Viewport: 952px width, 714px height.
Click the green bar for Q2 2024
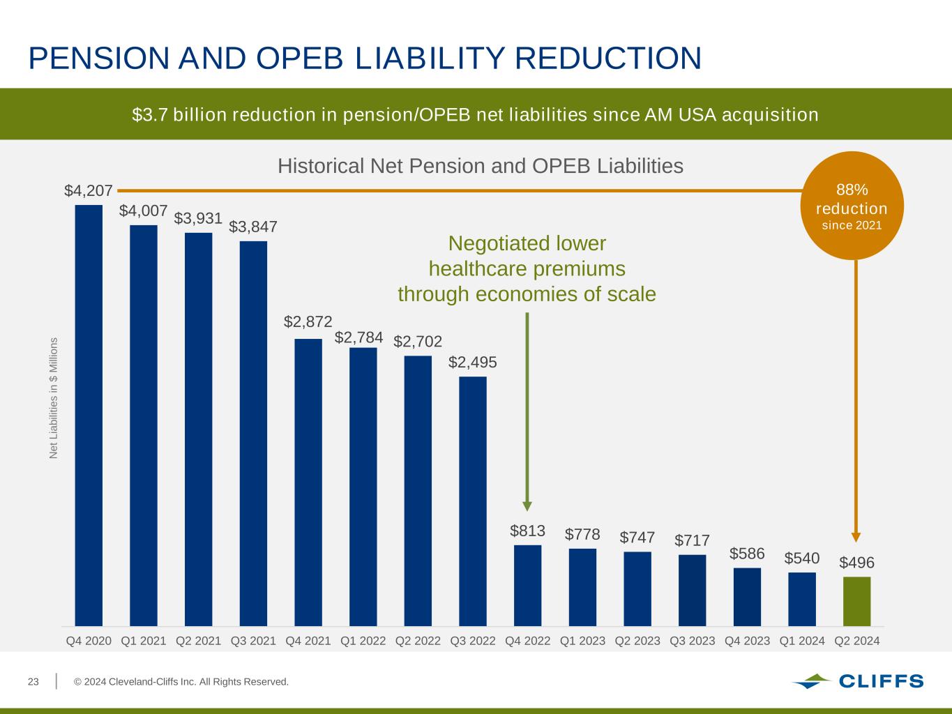click(856, 601)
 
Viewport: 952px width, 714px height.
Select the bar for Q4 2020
click(89, 415)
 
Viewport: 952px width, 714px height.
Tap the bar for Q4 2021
click(308, 482)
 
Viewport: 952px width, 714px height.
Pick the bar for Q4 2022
click(527, 585)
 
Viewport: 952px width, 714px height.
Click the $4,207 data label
click(89, 190)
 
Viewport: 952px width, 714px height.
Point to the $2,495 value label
click(473, 363)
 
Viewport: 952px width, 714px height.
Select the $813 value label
click(527, 531)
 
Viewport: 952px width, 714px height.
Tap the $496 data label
click(856, 563)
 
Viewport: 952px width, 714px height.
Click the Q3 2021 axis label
click(253, 640)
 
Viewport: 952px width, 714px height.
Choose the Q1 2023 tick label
click(582, 640)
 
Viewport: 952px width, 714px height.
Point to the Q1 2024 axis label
click(802, 640)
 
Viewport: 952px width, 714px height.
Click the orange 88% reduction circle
click(852, 206)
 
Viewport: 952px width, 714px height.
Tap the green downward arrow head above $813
click(527, 506)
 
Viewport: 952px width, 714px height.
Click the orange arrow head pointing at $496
click(856, 537)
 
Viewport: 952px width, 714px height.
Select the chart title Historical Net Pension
click(480, 166)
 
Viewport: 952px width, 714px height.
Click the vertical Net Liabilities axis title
click(54, 398)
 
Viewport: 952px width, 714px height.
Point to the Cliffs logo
click(857, 681)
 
